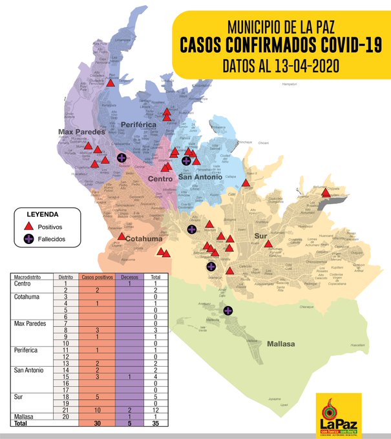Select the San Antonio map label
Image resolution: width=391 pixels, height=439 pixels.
click(200, 177)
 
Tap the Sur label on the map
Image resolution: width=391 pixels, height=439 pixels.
click(260, 236)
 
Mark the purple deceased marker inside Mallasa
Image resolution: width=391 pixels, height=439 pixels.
click(227, 311)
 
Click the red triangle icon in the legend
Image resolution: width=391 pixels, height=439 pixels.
click(28, 227)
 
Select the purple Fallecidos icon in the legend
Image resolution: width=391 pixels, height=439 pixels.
click(28, 240)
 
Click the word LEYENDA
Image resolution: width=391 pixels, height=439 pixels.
click(43, 214)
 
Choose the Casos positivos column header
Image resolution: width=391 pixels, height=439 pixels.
click(96, 277)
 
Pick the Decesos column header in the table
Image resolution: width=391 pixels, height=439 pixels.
click(130, 277)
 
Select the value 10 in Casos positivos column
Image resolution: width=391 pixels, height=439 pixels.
click(96, 410)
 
